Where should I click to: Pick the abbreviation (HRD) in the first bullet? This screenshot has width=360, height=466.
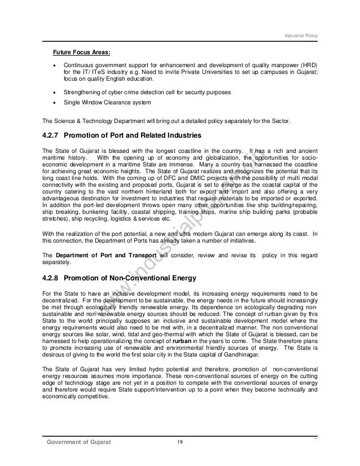[x=308, y=65]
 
